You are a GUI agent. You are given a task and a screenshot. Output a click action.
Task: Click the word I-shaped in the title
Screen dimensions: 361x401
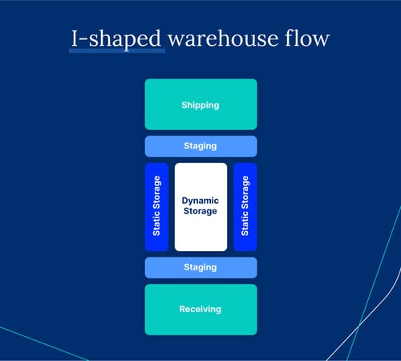pos(116,38)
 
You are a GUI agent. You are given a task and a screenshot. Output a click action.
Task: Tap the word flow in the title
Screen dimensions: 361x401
pos(308,38)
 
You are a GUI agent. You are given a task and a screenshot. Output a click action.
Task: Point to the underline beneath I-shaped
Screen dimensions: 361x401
pos(116,51)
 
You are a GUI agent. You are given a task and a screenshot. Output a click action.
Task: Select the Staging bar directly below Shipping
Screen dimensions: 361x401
pos(200,146)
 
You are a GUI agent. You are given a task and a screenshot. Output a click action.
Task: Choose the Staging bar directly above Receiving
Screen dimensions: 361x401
pos(200,267)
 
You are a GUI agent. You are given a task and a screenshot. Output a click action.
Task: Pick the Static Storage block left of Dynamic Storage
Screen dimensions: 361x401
pos(156,207)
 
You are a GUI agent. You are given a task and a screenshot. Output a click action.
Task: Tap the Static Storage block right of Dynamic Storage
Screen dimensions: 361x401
pos(245,207)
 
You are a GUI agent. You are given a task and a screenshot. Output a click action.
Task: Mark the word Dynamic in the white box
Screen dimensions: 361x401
pos(200,200)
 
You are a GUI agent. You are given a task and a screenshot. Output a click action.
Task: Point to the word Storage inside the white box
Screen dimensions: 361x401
pos(200,211)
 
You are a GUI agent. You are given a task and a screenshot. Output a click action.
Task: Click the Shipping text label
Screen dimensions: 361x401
pos(200,105)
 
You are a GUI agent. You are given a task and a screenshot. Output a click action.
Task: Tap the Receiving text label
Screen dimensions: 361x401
pos(200,309)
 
